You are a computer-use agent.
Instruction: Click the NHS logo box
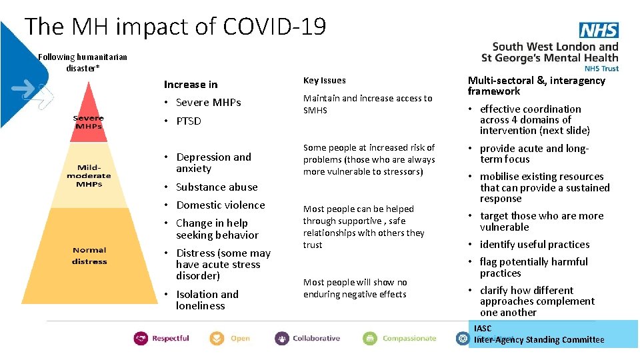point(599,30)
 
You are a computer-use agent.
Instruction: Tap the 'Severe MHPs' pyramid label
point(89,123)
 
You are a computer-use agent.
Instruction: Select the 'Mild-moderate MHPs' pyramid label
point(89,175)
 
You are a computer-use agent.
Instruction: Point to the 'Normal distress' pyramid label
point(89,255)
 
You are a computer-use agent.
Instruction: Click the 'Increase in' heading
point(191,85)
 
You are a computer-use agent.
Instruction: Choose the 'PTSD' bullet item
point(188,121)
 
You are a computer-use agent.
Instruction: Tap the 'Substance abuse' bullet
point(216,187)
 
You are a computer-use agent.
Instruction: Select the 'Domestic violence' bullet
point(220,205)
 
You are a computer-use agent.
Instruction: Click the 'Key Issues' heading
point(325,81)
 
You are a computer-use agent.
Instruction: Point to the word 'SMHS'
point(315,110)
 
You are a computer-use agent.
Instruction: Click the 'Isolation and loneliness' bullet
point(206,300)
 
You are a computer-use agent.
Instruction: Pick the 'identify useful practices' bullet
point(534,245)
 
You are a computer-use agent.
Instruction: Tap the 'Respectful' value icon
point(141,338)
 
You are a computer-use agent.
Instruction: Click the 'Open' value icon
point(217,338)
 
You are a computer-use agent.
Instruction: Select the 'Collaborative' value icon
point(282,338)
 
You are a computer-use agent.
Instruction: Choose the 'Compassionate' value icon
point(370,338)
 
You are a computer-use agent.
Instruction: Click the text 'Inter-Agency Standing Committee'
point(539,340)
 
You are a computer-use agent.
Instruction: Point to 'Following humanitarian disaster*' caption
point(83,63)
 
